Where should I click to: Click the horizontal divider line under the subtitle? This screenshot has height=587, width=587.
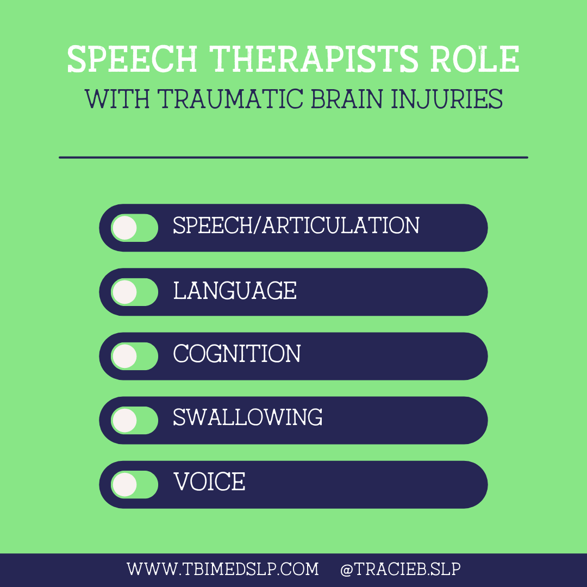point(293,158)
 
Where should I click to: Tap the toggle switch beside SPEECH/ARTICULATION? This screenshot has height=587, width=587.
point(134,228)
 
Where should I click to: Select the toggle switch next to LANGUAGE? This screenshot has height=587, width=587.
point(134,292)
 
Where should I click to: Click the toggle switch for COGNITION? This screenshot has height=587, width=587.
point(134,356)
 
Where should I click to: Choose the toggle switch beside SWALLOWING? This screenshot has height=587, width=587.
point(134,420)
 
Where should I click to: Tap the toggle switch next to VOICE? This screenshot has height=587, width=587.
point(134,484)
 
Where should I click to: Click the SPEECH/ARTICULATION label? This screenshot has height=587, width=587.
point(296,226)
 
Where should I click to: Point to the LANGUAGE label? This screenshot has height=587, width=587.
point(235,290)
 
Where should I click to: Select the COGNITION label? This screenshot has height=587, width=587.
point(237,354)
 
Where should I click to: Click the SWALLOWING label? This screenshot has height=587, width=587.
point(248,418)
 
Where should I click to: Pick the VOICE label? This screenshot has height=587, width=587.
point(209,482)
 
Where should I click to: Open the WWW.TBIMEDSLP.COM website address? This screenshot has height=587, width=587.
point(223,570)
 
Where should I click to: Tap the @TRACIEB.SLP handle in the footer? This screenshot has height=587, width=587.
point(401,570)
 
